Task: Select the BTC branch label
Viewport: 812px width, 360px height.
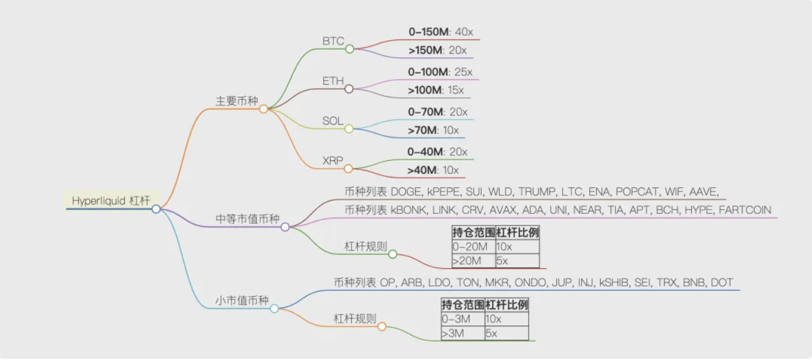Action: tap(333, 41)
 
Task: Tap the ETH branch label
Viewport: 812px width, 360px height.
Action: tap(333, 81)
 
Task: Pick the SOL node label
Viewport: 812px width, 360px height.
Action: tap(333, 121)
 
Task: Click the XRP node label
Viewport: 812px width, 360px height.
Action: tap(333, 160)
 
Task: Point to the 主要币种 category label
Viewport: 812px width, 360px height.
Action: tap(236, 101)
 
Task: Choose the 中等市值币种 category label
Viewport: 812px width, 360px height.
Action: tap(247, 219)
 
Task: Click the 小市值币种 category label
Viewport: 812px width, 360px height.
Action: tap(242, 301)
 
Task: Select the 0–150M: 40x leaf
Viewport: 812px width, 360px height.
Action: tap(440, 31)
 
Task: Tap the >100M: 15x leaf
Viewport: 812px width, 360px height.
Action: tap(436, 90)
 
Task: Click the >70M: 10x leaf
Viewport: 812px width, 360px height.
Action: tap(433, 130)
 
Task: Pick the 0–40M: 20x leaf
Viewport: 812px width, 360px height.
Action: tap(437, 152)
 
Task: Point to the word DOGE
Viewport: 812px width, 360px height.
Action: tap(405, 192)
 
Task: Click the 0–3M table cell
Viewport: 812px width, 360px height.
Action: tap(457, 319)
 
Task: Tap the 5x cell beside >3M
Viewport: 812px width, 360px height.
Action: tap(492, 333)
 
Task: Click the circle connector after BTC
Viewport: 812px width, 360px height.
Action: tap(349, 49)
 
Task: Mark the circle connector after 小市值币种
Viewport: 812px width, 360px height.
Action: tap(274, 308)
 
